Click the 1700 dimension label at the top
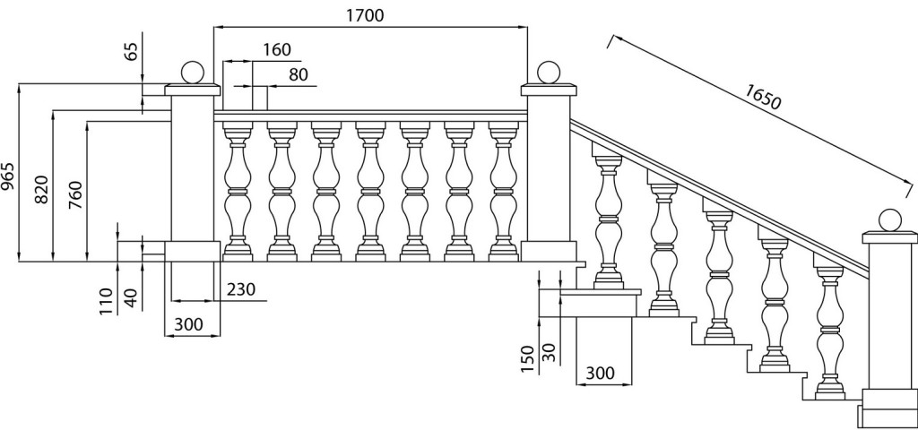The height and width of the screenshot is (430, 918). pyautogui.click(x=365, y=15)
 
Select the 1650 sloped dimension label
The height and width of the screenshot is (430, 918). pyautogui.click(x=763, y=97)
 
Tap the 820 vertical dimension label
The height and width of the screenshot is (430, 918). pyautogui.click(x=42, y=189)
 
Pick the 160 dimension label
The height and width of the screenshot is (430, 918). pyautogui.click(x=276, y=50)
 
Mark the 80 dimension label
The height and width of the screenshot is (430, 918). pyautogui.click(x=298, y=74)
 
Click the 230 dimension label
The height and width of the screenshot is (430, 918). pyautogui.click(x=240, y=289)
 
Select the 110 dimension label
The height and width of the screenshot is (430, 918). pyautogui.click(x=106, y=301)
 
